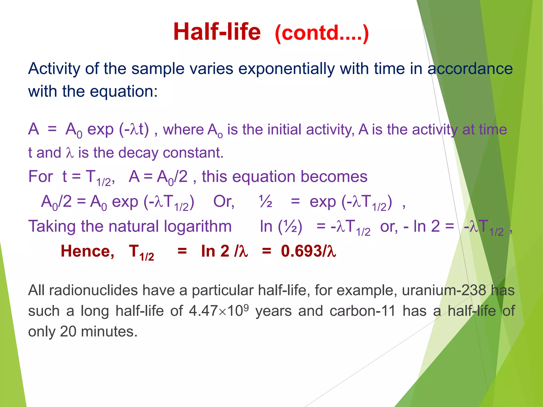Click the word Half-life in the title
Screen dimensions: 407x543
pos(217,32)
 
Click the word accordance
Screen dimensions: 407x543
pos(470,69)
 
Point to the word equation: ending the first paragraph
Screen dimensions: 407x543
pos(124,92)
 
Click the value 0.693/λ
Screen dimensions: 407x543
pos(308,251)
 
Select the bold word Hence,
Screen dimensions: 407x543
pos(87,251)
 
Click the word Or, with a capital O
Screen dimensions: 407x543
pos(224,202)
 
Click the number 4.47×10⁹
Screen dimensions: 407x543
pos(219,311)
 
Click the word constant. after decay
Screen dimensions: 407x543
pos(193,153)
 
